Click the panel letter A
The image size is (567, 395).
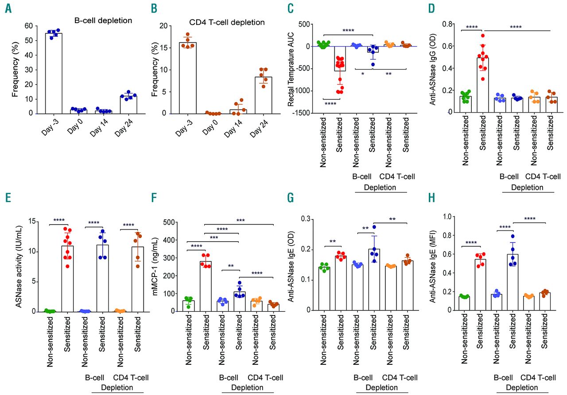point(8,9)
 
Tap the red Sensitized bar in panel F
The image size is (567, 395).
point(205,286)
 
